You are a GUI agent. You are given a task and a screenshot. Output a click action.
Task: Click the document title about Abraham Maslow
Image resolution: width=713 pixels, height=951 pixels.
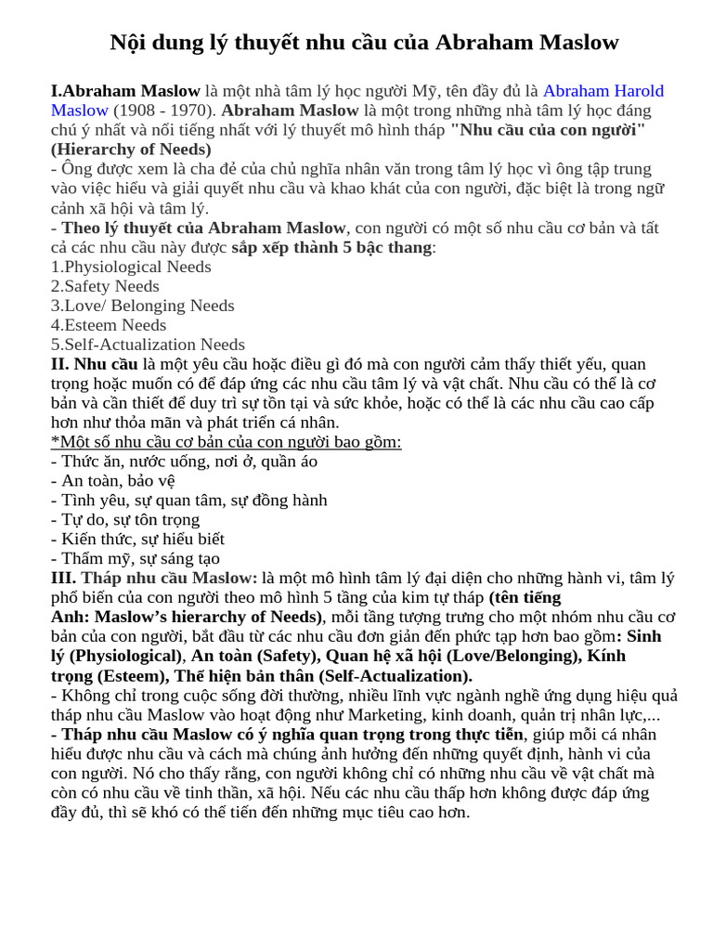[364, 43]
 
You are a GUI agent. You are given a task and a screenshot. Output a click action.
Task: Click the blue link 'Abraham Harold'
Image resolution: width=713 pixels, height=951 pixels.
[603, 91]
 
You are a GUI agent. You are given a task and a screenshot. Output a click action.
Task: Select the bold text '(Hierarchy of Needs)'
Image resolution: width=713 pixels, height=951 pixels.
[131, 150]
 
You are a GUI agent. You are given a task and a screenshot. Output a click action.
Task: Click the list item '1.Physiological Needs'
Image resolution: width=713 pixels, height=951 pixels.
[131, 267]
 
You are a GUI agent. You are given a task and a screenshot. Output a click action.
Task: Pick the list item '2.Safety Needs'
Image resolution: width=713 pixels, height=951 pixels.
[105, 286]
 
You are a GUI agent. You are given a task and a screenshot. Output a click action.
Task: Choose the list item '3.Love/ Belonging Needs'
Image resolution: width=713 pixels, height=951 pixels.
[142, 306]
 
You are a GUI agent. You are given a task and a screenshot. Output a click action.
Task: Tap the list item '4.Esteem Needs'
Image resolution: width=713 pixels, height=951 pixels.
[109, 325]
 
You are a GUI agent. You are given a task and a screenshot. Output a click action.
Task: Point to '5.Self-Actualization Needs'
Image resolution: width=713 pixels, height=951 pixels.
[148, 345]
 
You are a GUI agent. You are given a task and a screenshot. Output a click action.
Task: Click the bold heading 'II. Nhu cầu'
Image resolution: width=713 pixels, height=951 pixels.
[94, 364]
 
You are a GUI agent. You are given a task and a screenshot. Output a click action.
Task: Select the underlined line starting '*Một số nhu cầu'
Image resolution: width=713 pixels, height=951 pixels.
[226, 442]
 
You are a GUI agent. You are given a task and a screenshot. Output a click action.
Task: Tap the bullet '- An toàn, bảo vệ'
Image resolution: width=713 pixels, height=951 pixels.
[112, 481]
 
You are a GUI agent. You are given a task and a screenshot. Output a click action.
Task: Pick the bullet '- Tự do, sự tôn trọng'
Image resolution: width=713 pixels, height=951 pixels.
[125, 520]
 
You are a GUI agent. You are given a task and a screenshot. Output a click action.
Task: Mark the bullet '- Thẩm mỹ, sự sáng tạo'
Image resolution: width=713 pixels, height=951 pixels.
[135, 559]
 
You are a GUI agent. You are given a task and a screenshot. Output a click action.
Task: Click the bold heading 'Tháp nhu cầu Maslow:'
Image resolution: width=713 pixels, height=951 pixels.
[169, 579]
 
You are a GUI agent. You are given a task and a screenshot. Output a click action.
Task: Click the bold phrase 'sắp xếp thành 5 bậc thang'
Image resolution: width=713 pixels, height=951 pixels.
[331, 247]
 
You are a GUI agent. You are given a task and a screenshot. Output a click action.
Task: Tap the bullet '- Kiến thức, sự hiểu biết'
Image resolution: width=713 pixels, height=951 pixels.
[137, 540]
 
